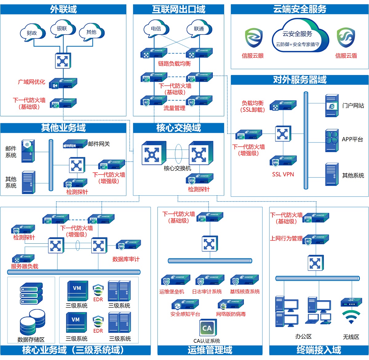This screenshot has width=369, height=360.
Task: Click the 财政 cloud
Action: coord(32,33)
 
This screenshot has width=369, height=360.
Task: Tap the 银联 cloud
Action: coord(62,28)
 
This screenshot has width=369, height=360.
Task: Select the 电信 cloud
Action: coord(156,29)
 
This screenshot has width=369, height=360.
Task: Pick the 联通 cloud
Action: coord(199,29)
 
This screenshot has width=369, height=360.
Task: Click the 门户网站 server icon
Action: coord(332,106)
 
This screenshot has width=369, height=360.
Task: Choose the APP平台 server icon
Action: coord(332,140)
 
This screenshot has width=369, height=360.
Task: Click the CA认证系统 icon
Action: coord(207,328)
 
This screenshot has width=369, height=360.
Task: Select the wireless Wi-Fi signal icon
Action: coord(351,317)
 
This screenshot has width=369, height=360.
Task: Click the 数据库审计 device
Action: coord(128,245)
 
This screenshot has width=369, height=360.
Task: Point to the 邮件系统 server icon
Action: coord(28,150)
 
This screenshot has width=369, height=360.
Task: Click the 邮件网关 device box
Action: coord(73,144)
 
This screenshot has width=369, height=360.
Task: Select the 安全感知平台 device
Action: coord(185,305)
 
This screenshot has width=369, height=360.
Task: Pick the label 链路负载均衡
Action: coord(174,63)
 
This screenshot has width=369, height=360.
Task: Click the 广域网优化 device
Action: coord(63,83)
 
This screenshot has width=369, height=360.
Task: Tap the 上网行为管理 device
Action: coord(316,240)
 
